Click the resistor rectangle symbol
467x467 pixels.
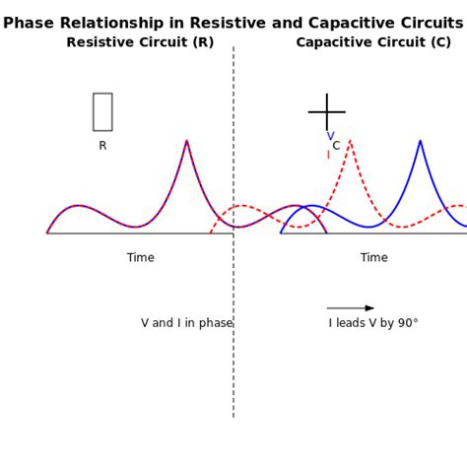tap(102, 111)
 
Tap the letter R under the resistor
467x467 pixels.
tap(102, 146)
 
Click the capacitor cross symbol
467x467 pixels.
tap(326, 112)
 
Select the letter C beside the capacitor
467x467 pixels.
tap(336, 146)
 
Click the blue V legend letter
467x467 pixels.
tap(330, 137)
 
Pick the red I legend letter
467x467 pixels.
tap(328, 155)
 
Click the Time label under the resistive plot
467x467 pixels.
tap(140, 258)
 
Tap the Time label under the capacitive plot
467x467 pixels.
tap(373, 258)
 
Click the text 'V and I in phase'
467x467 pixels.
tap(186, 323)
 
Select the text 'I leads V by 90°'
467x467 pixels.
tap(373, 323)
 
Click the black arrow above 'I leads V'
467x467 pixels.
tap(351, 308)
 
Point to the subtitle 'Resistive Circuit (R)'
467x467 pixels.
tap(140, 42)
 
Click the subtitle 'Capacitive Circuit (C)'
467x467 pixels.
tap(373, 42)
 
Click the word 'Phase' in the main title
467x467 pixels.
tap(28, 23)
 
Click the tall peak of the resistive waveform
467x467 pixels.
tap(186, 142)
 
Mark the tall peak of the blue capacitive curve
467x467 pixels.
tap(420, 142)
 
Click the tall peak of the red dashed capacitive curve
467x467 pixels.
tap(350, 142)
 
